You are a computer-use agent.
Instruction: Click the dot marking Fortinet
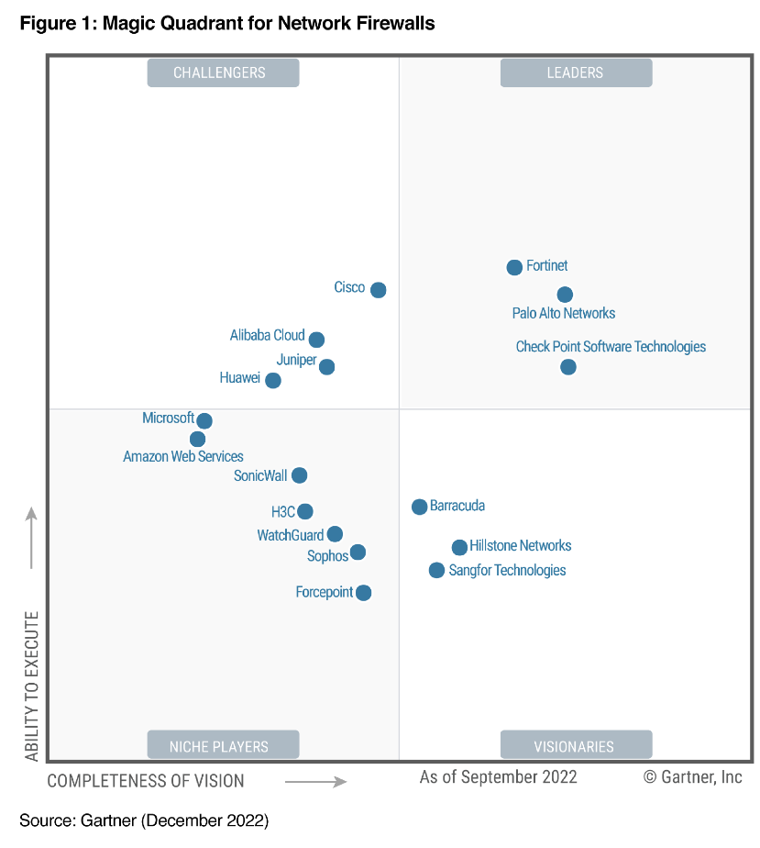coord(514,267)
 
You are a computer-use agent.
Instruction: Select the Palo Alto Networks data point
coord(565,295)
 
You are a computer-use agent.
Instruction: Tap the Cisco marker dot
coord(378,290)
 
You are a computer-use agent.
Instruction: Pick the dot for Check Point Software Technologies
coord(568,367)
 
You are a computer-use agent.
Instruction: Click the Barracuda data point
coord(419,507)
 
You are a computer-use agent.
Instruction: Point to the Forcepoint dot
coord(363,593)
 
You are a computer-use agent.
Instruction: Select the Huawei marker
coord(272,380)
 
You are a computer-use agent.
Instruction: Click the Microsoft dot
coord(204,421)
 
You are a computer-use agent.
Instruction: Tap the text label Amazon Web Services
coord(183,456)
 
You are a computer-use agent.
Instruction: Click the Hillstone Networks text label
coord(520,546)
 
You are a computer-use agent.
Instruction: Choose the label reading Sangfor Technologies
coord(507,571)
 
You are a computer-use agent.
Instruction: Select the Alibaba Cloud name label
coord(267,336)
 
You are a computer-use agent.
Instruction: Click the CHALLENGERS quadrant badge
coord(223,73)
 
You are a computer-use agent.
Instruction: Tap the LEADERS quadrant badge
coord(576,73)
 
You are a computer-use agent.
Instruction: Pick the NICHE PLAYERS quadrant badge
coord(223,746)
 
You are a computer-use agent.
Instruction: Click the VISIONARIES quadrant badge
coord(576,746)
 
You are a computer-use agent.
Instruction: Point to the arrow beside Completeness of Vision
coord(315,782)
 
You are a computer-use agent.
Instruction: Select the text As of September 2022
coord(498,777)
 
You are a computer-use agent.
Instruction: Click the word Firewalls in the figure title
coord(391,23)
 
